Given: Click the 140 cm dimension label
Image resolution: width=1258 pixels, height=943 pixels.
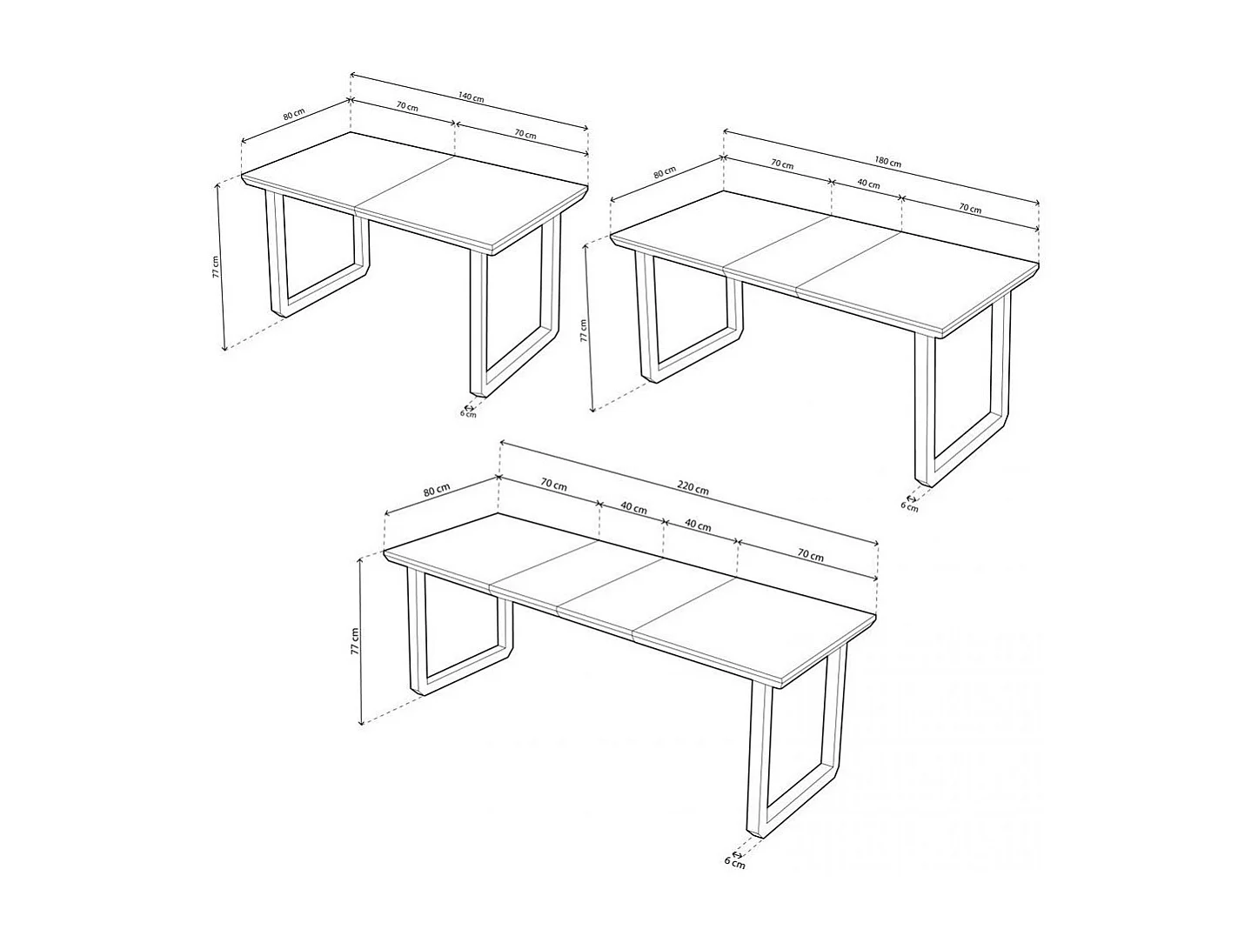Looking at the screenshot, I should [x=471, y=98].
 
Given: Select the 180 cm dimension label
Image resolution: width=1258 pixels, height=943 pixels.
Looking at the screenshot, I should [x=887, y=162].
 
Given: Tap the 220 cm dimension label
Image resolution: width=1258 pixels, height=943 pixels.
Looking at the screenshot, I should [x=694, y=490].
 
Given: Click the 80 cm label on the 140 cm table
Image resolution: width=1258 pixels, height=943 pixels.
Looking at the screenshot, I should [x=293, y=115].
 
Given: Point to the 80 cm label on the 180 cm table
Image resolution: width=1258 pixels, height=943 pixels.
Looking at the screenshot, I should [x=664, y=172].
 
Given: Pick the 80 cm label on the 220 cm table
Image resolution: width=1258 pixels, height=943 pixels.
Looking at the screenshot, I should [x=436, y=490].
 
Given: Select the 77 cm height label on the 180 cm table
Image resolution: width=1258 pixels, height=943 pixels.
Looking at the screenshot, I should [x=584, y=330].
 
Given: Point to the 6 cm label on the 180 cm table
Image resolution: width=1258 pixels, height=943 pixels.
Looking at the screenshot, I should [x=908, y=507].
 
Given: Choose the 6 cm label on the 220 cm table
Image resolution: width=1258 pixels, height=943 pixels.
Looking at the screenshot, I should [x=735, y=864].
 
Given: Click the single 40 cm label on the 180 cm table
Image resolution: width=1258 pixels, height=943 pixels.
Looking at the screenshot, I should [x=867, y=184].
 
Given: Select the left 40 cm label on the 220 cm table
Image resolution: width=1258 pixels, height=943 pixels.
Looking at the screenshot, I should [x=633, y=508].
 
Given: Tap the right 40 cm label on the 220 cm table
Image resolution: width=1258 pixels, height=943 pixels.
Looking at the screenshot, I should [x=698, y=525].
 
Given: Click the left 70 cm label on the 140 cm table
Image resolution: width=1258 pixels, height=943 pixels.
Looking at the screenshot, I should [x=406, y=107].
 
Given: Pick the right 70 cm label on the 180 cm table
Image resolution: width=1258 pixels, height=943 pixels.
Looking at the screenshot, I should [x=969, y=209].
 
